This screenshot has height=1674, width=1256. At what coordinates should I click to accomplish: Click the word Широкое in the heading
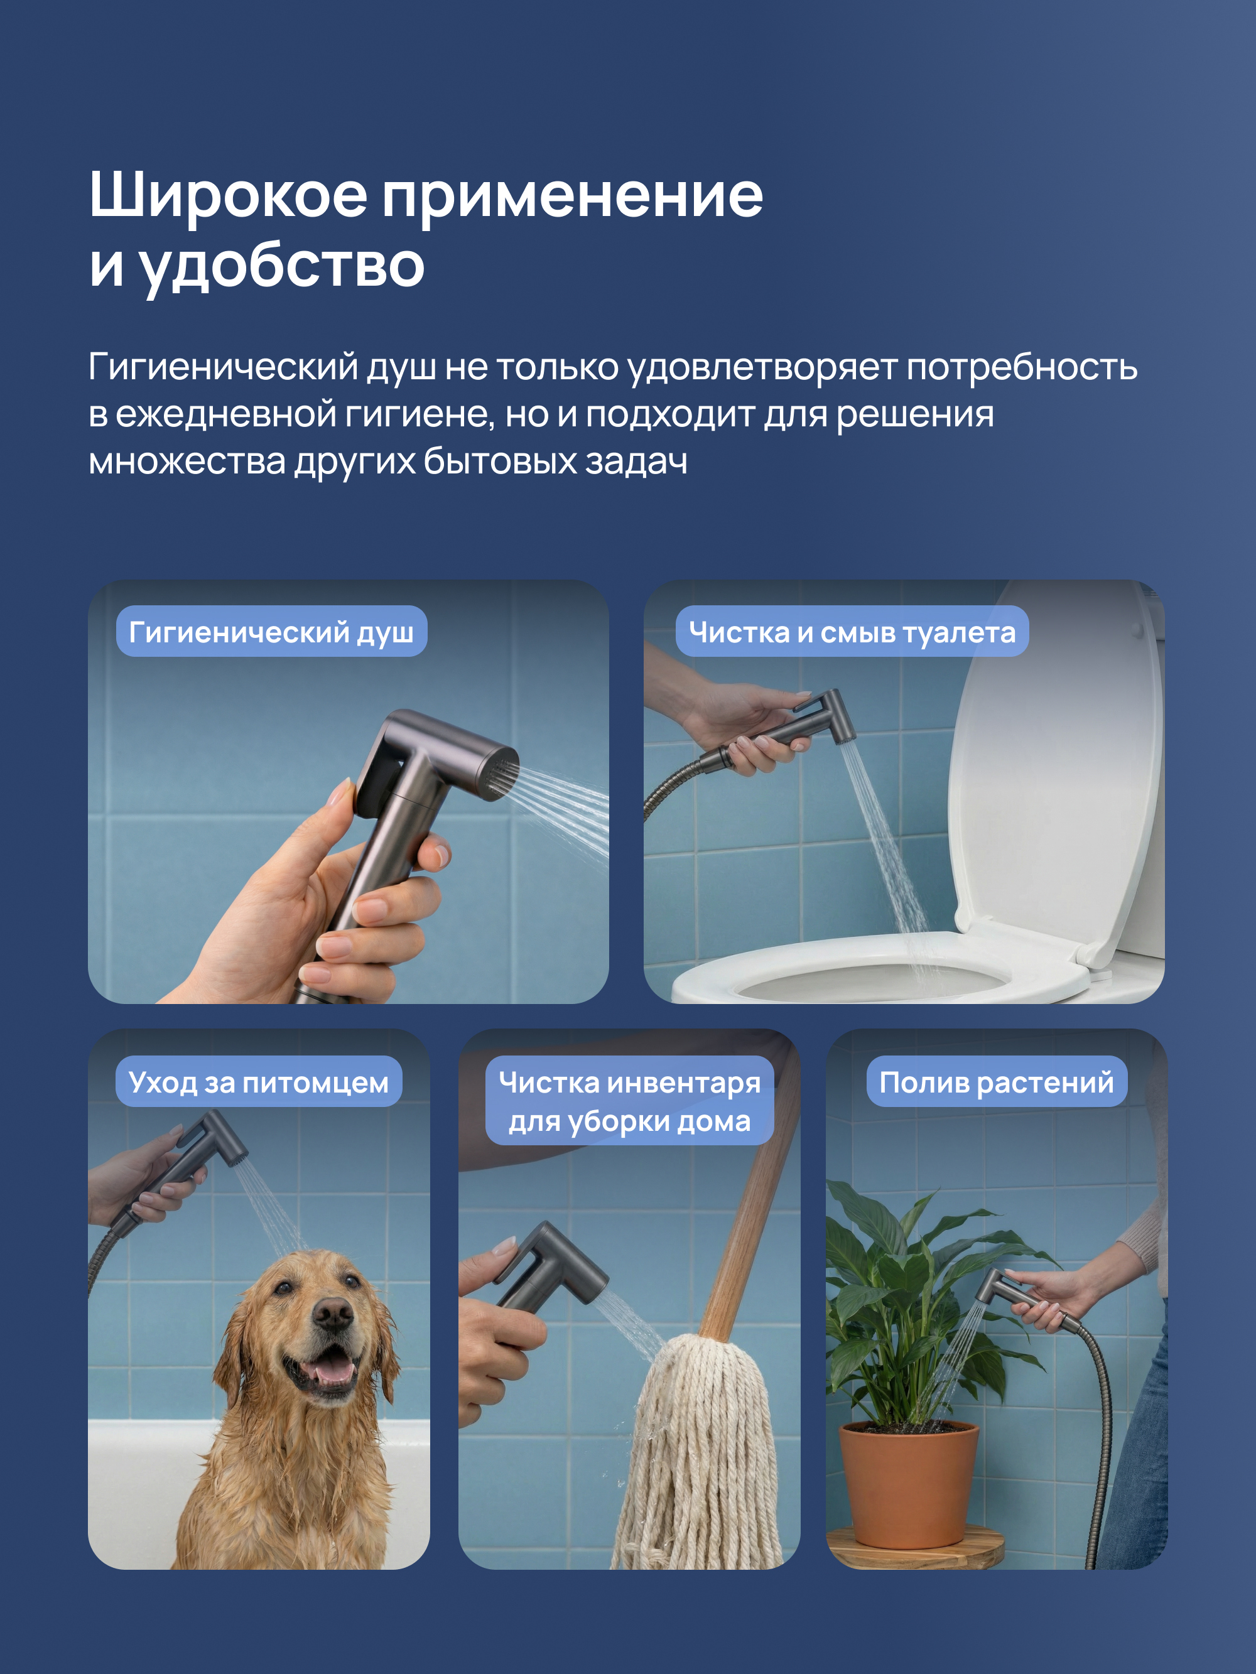pos(228,195)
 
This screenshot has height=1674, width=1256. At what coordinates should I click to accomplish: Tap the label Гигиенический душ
pos(271,632)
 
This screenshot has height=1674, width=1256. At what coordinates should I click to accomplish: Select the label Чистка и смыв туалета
pos(852,632)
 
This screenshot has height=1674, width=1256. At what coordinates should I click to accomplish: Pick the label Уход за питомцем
pos(258,1082)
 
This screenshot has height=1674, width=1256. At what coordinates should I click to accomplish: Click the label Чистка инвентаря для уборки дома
pos(629,1101)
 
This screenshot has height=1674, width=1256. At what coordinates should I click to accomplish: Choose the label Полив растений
pos(996,1082)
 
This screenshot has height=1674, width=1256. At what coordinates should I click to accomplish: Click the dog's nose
pos(332,1316)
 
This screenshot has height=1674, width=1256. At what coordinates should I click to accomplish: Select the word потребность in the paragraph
pos(1021,369)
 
